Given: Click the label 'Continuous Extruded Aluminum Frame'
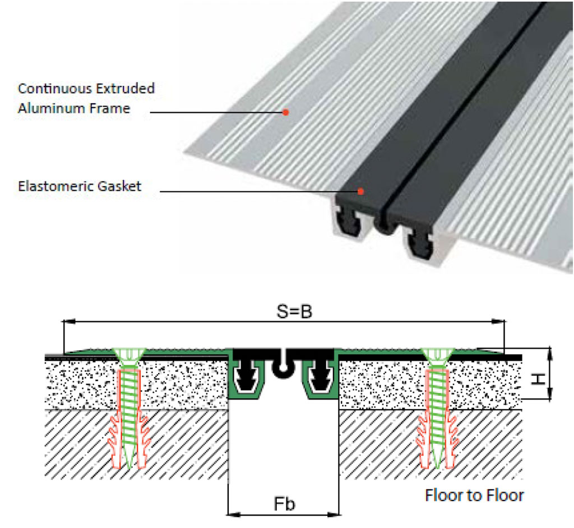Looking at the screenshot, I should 86,98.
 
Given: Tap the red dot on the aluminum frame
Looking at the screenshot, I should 285,112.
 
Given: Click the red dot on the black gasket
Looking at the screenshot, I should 360,191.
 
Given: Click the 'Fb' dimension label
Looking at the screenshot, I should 284,504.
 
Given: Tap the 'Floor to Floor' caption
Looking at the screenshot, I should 474,495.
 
